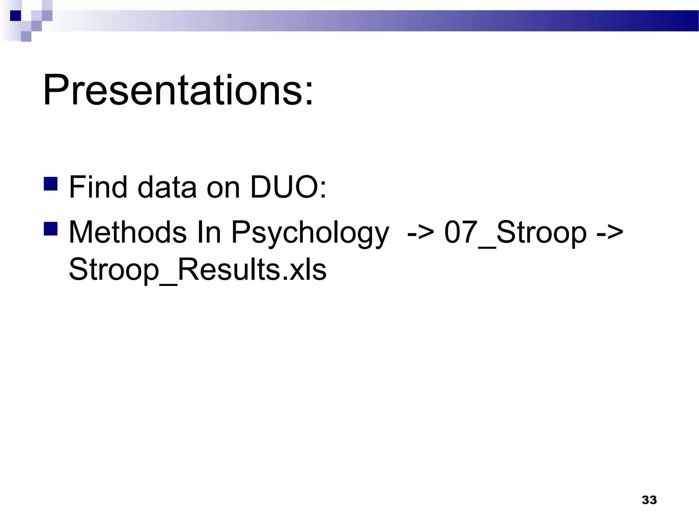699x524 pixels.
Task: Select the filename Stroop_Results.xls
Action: click(198, 270)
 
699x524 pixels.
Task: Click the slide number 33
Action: click(649, 500)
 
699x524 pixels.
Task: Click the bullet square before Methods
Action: click(51, 229)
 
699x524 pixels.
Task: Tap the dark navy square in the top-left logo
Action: click(15, 16)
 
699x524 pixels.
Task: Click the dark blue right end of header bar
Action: click(679, 21)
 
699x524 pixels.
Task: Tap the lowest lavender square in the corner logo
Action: click(26, 37)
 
